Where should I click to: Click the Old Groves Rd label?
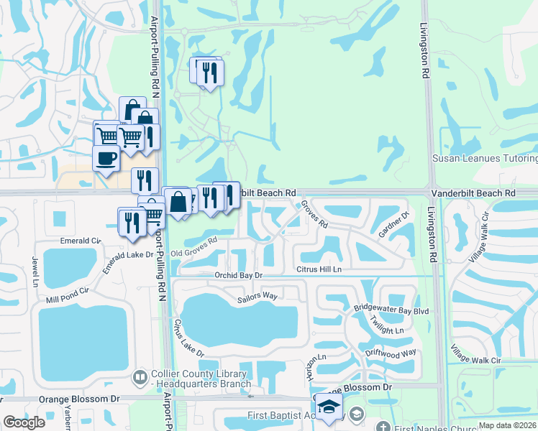[194, 248]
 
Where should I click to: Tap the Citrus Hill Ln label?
[317, 269]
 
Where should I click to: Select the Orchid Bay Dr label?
[239, 275]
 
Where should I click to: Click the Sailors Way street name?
[257, 295]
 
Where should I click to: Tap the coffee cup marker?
[106, 159]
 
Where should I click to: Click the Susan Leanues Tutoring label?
[484, 158]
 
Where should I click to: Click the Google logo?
[24, 422]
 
